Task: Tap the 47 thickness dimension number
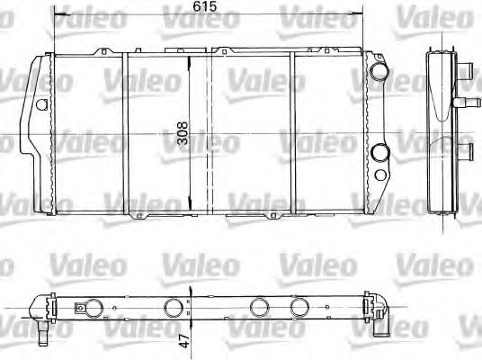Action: pos(184,343)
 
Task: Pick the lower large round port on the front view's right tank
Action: pos(380,153)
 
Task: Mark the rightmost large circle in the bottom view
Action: pos(300,307)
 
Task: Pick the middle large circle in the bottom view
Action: pos(259,307)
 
